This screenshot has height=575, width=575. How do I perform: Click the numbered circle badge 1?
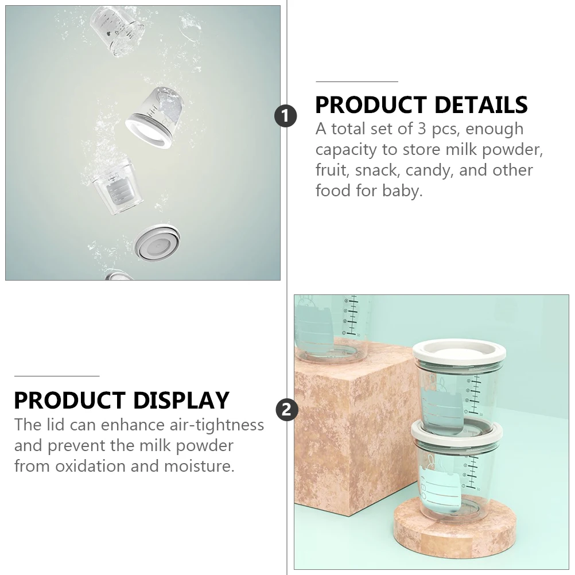pos(286,116)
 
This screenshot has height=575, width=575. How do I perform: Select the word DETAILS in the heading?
pos(481,105)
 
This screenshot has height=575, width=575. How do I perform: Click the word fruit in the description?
pos(332,170)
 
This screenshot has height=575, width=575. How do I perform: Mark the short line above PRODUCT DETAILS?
pos(356,81)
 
